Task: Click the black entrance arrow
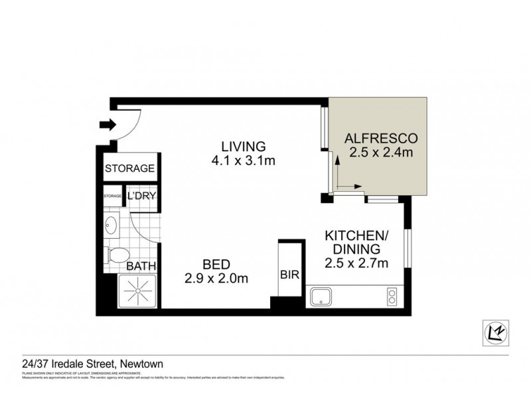pos(106,124)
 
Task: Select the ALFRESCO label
pos(380,139)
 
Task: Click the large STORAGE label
pos(130,168)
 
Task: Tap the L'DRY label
pos(141,196)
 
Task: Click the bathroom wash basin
pos(112,226)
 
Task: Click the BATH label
pos(141,266)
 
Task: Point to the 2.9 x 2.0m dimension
pos(216,279)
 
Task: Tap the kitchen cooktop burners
pos(391,296)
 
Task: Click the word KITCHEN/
pos(355,235)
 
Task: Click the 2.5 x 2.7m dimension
pos(355,263)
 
